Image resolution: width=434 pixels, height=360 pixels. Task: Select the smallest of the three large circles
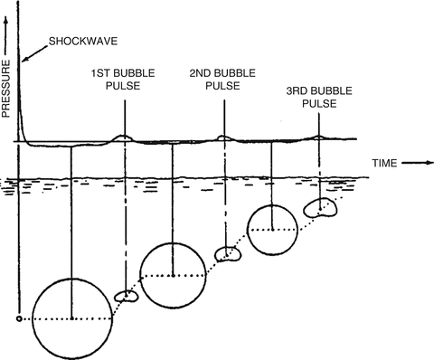coord(272,230)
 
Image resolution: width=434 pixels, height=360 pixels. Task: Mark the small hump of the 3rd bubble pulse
coord(317,138)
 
